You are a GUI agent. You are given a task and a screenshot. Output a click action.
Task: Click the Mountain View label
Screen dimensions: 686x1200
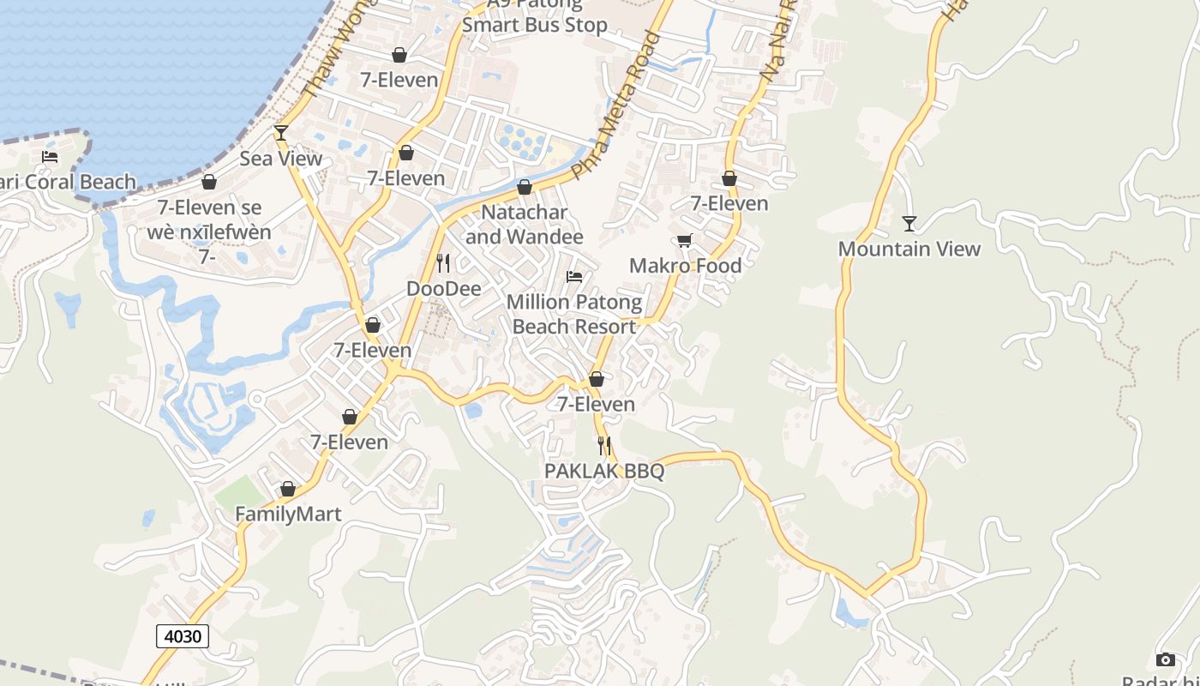coord(909,249)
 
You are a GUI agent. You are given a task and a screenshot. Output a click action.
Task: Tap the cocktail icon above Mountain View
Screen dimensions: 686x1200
coord(909,224)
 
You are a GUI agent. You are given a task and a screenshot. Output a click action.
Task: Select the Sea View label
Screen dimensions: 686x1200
coord(280,159)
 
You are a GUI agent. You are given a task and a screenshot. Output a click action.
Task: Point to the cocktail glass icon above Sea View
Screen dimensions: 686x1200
coord(280,133)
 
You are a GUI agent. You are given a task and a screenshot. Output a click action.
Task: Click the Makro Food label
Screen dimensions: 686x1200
coord(685,266)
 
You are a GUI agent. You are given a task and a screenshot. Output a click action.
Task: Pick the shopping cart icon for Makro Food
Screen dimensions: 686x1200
coord(685,241)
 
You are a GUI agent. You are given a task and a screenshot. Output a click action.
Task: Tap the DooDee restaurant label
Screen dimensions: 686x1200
coord(443,288)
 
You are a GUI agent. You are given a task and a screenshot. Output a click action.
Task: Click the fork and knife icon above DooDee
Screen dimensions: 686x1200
coord(443,262)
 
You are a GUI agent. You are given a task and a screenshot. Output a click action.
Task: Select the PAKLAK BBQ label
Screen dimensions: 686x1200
coord(604,471)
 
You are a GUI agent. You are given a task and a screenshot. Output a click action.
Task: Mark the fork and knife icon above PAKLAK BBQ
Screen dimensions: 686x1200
coord(604,446)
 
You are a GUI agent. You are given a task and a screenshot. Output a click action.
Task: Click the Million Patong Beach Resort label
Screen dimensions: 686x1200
coord(573,314)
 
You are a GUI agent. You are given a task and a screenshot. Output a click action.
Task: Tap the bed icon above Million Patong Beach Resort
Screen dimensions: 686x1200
coord(574,277)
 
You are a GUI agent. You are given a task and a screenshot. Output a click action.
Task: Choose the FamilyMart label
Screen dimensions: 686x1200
coord(288,514)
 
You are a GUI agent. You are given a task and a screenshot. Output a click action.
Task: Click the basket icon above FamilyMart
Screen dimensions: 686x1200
coord(288,489)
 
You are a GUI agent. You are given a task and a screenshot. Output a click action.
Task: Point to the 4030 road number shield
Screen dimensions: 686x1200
coord(183,636)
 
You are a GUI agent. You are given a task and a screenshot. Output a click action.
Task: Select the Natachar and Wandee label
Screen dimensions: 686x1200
coord(524,225)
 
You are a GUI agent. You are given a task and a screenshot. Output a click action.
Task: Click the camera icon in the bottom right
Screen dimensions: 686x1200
coord(1165,659)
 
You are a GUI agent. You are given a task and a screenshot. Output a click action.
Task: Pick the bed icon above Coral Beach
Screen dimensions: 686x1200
coord(50,157)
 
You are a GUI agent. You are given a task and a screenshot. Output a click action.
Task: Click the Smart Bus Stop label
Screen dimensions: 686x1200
coord(535,24)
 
